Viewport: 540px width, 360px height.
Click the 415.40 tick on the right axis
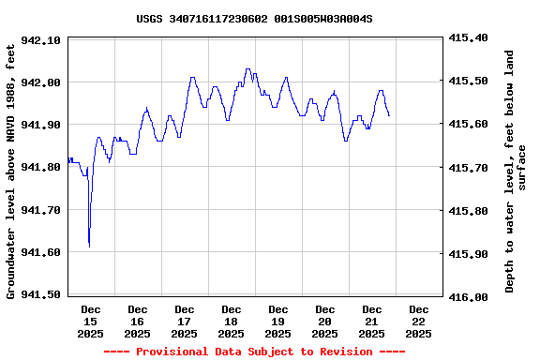tap(469, 37)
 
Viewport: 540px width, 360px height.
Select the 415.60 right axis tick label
tap(469, 124)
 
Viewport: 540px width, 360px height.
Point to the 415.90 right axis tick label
tap(469, 254)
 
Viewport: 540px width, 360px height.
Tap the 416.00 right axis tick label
tap(469, 297)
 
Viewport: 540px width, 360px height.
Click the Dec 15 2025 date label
tap(91, 321)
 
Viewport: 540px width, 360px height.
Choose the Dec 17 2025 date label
tap(185, 321)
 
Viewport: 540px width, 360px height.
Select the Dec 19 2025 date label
tap(278, 321)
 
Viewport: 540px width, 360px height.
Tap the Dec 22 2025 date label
tap(419, 321)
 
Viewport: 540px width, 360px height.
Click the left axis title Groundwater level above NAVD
tap(11, 170)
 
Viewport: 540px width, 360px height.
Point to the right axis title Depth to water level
tap(516, 172)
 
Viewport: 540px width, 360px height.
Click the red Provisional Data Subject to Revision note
tap(254, 352)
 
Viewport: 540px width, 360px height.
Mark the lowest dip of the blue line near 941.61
tap(89, 247)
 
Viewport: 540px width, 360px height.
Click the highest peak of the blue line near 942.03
tap(247, 68)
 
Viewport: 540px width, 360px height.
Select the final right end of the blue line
tap(389, 115)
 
